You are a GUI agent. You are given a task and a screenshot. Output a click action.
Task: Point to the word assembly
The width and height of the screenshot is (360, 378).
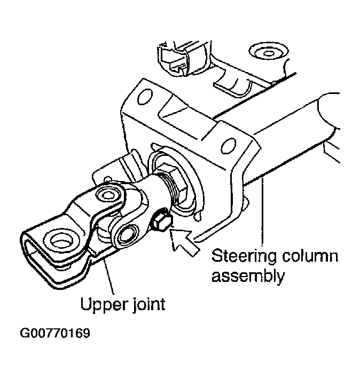(248, 277)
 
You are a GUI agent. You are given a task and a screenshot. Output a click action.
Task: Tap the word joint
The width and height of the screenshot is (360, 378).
(146, 305)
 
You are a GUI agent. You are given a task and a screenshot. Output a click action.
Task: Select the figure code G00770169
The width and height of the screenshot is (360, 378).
(55, 335)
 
